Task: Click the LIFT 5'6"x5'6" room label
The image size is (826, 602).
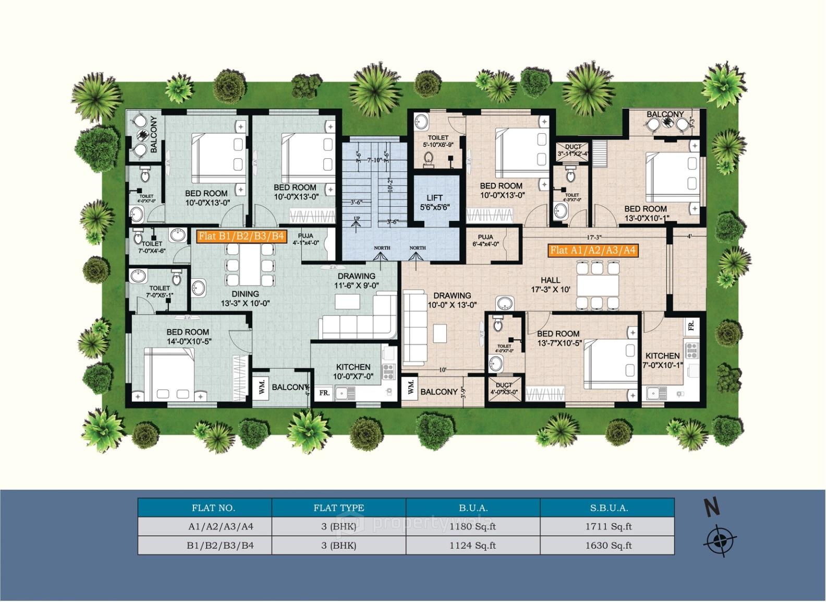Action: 434,202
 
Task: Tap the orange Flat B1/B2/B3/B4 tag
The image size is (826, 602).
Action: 241,236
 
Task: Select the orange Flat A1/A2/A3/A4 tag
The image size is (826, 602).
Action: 593,250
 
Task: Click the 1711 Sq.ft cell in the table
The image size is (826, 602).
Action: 607,526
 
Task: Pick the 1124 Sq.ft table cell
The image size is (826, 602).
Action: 472,546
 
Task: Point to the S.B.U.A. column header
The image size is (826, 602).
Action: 607,507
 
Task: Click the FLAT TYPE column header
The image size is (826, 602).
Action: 338,507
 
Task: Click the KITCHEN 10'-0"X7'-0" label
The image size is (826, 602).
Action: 353,371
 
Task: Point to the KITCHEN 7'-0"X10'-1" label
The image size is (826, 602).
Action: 662,360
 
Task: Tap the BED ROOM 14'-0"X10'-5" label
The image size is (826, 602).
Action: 188,336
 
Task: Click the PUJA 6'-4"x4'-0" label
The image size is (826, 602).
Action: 485,240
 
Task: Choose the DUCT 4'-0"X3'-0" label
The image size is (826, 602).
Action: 504,388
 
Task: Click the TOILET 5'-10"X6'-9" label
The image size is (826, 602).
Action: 438,141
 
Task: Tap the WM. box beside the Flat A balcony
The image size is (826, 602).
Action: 410,387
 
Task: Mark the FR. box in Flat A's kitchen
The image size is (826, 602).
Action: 690,326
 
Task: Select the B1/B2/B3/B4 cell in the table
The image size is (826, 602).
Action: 204,546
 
